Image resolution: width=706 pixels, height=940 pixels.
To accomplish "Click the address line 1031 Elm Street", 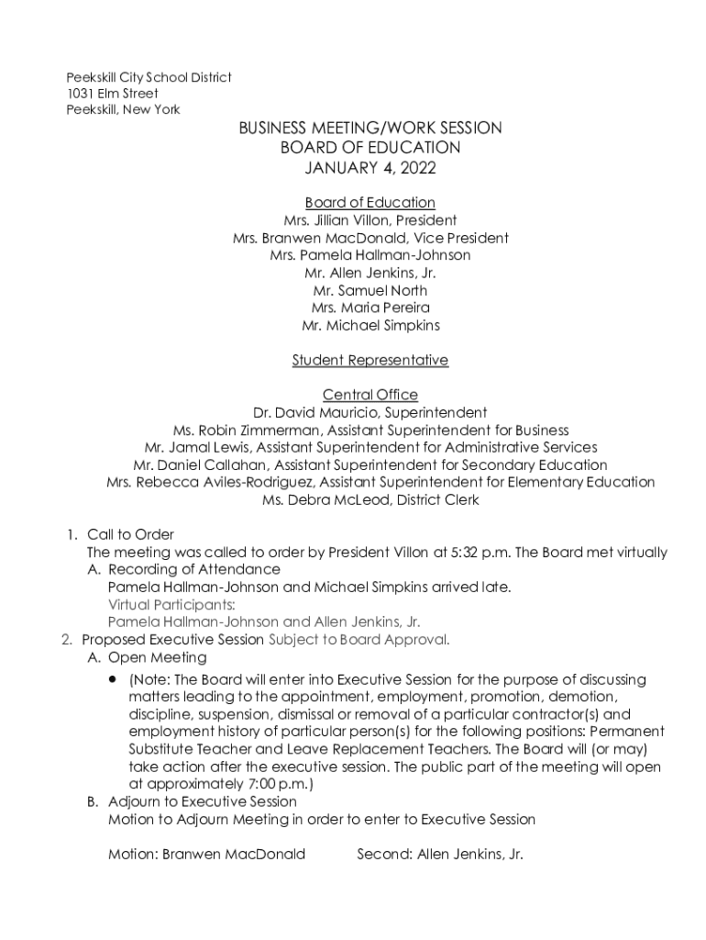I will (112, 94).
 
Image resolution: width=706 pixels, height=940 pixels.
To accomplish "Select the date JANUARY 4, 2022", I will (370, 168).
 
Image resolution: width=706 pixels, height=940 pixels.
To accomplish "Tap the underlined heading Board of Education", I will (370, 203).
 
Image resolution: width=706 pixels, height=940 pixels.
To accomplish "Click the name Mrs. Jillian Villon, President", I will (370, 220).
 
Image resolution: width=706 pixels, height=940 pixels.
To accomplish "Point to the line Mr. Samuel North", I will (370, 290).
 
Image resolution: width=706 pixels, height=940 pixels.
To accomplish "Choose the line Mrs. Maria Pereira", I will (370, 308).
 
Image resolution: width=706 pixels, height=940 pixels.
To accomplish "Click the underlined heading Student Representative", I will (370, 361).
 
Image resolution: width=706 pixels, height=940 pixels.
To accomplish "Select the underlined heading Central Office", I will (370, 396).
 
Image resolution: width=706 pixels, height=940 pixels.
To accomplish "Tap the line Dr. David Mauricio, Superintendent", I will (370, 413).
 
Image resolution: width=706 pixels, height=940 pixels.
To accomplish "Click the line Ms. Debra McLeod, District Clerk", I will (370, 500).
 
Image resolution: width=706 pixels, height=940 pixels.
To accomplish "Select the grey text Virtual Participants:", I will (171, 604).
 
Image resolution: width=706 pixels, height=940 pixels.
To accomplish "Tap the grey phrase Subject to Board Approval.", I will (359, 640).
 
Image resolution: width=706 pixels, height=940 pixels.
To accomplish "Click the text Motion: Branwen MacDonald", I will (206, 854).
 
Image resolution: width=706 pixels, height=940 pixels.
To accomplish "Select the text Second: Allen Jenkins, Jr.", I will (440, 854).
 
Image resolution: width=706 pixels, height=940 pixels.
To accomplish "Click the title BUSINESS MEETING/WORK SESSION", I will (370, 129).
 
